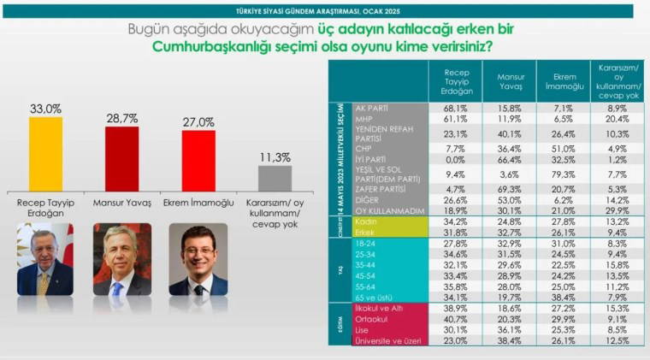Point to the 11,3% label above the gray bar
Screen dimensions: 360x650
[x=275, y=157]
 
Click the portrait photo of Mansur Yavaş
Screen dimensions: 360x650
[x=121, y=259]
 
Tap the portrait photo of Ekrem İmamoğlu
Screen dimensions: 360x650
[x=198, y=259]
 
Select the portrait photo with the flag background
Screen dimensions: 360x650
[x=45, y=259]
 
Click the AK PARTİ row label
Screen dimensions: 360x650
[x=373, y=109]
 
